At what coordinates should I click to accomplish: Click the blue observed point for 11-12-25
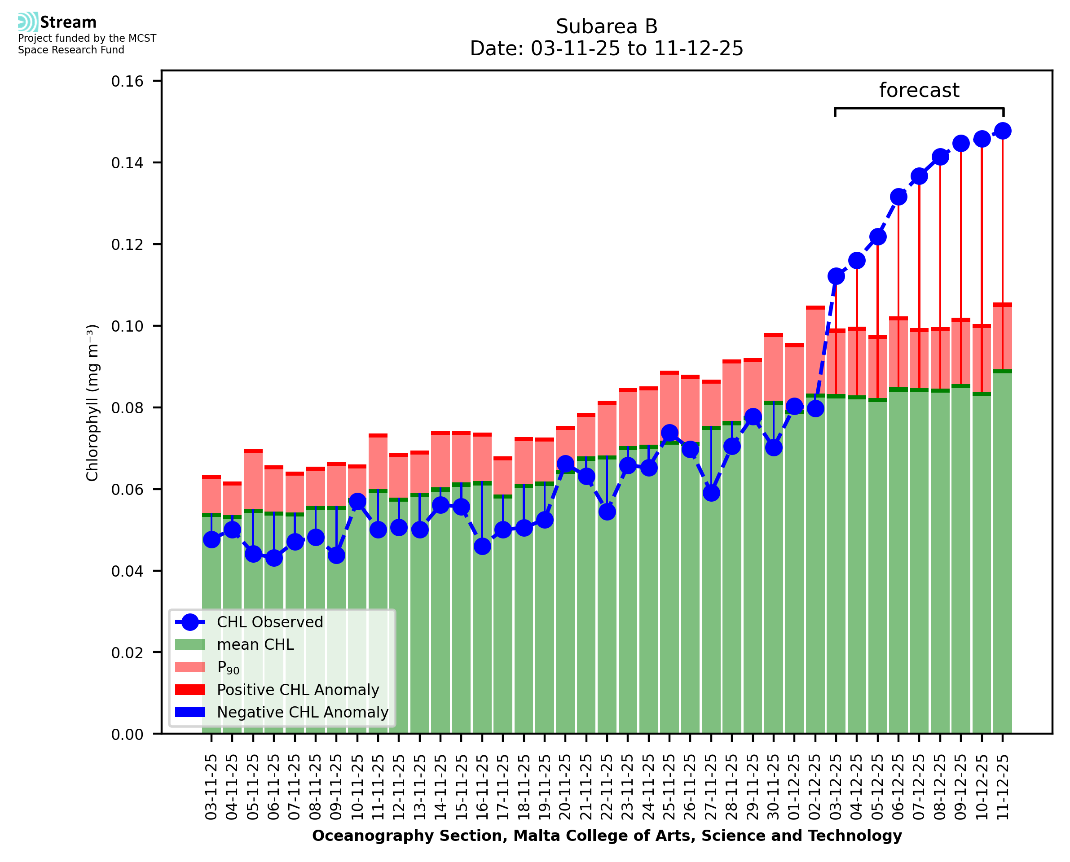click(1003, 131)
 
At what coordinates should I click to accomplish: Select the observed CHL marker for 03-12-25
click(836, 276)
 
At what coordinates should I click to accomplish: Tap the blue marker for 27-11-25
click(711, 493)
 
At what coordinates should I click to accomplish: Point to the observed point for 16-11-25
click(482, 546)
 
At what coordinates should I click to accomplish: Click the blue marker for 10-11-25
click(357, 502)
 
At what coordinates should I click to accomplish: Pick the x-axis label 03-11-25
click(211, 787)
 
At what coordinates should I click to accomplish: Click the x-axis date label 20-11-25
click(565, 787)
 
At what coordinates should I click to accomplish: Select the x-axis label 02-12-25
click(815, 787)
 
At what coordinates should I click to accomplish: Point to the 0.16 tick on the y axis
click(127, 81)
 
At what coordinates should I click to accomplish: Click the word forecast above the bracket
click(919, 90)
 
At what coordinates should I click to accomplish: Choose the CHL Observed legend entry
click(270, 622)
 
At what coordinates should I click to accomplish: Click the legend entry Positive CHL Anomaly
click(298, 690)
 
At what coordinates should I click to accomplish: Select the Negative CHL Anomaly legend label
click(303, 712)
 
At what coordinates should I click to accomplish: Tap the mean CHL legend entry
click(255, 644)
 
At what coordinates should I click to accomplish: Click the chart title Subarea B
click(607, 26)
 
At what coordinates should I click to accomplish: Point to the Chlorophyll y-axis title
click(92, 403)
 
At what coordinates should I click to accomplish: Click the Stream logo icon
click(28, 22)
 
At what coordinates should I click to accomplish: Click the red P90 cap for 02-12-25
click(815, 308)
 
